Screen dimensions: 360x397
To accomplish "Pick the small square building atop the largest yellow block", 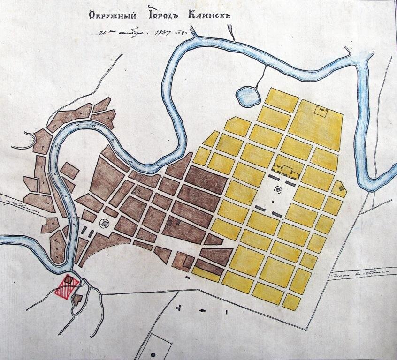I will click(x=321, y=111).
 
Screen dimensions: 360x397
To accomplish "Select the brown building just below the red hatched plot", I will click(x=77, y=299).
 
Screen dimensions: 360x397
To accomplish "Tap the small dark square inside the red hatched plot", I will click(x=69, y=280).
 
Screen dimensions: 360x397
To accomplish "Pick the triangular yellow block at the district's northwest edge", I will click(x=212, y=139).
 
